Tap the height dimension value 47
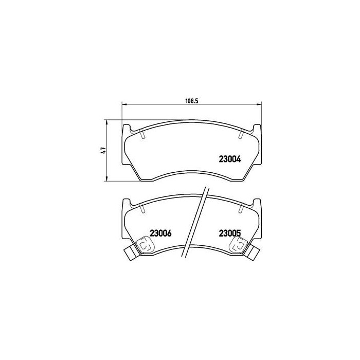pos(103,150)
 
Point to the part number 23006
pos(160,232)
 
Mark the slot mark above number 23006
pos(141,208)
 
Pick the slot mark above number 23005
pos(240,208)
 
